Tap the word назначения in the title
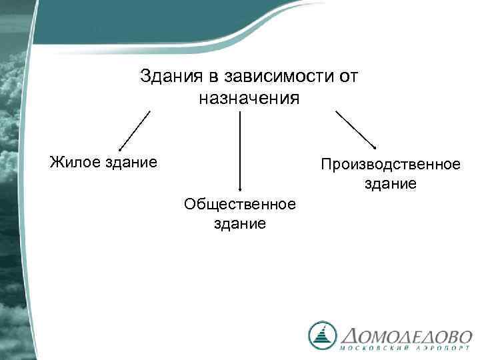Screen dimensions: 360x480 pos(249,99)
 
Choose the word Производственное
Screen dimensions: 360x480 pos(390,163)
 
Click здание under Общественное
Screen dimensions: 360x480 pos(240,223)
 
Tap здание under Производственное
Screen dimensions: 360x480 pos(391,183)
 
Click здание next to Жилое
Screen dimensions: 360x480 pos(133,161)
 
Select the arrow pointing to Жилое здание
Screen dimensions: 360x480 pos(133,131)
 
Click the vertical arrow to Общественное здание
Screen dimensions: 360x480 pos(240,150)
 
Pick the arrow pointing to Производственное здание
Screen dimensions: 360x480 pos(356,130)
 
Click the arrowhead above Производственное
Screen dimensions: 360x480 pos(375,148)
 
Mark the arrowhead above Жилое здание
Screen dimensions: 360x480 pos(120,149)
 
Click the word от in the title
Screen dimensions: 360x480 pos(348,77)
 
